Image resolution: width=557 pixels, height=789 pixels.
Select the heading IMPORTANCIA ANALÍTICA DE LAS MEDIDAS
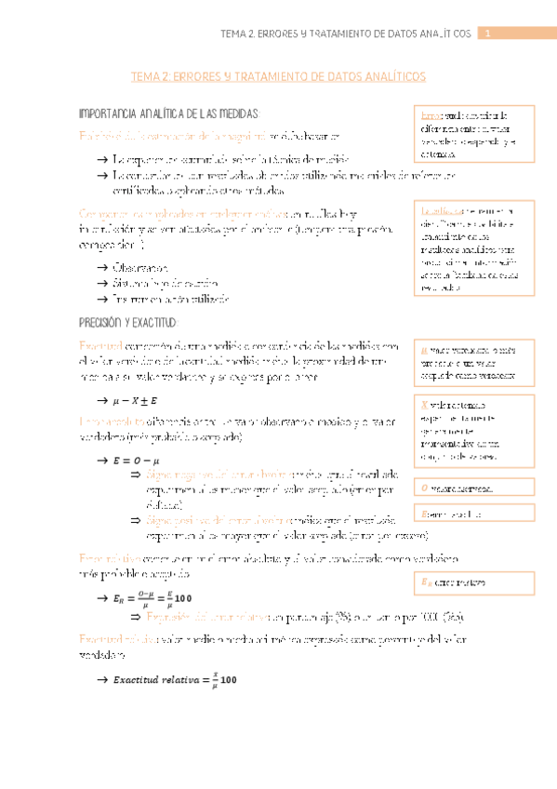167,114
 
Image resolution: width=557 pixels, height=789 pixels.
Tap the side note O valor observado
474,488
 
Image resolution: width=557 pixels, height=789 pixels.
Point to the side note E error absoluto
474,514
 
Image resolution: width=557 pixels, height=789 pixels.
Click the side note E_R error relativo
474,583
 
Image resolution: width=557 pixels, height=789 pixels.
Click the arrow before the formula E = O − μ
101,460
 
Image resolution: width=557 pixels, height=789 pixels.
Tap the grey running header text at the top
347,33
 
